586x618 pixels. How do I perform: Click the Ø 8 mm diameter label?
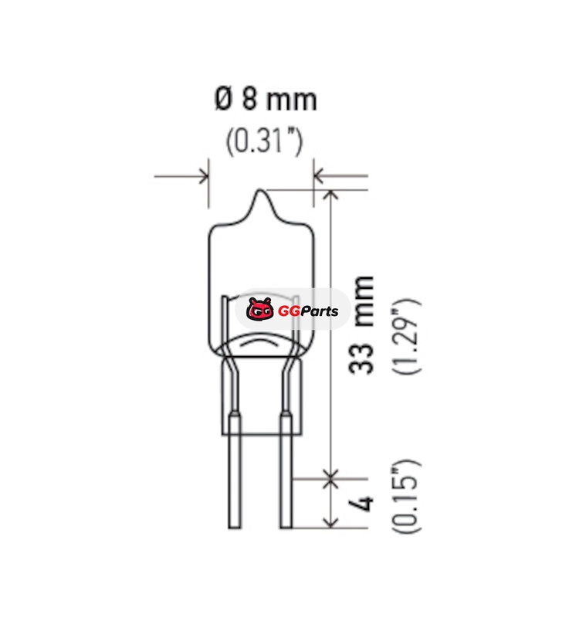click(266, 99)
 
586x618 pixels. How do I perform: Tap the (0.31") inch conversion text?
click(264, 141)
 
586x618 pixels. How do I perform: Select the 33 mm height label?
click(361, 325)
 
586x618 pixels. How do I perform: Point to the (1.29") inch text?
click(406, 337)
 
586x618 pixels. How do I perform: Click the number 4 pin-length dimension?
click(361, 504)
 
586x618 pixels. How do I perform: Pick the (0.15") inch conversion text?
click(406, 497)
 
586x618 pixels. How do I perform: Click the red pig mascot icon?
click(260, 309)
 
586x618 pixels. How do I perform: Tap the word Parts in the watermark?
click(320, 311)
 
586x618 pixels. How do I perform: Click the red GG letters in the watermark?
click(289, 311)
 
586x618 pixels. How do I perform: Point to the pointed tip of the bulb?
click(260, 191)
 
